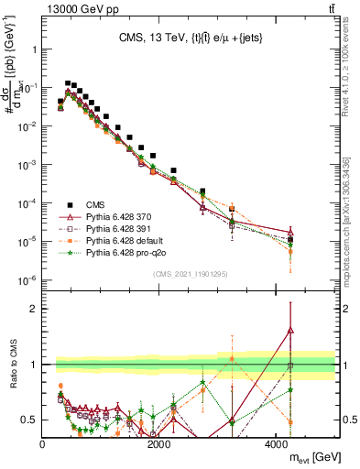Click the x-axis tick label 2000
pyautogui.click(x=159, y=444)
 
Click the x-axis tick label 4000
pyautogui.click(x=276, y=444)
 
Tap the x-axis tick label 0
pyautogui.click(x=43, y=444)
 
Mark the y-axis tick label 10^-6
pyautogui.click(x=27, y=279)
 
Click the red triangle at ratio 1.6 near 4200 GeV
pyautogui.click(x=289, y=330)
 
